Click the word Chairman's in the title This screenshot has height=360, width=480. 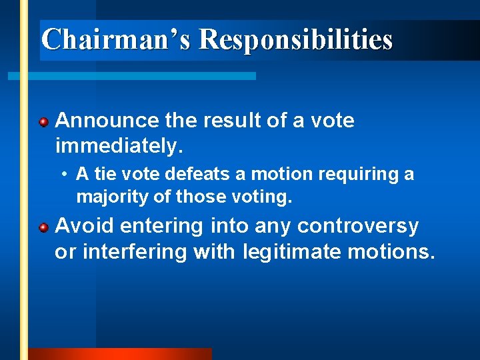(115, 39)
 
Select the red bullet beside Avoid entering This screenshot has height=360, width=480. (43, 227)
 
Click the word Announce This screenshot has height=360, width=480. (107, 121)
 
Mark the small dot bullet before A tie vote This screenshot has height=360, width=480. (62, 175)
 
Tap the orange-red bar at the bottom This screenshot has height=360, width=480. (120, 354)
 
